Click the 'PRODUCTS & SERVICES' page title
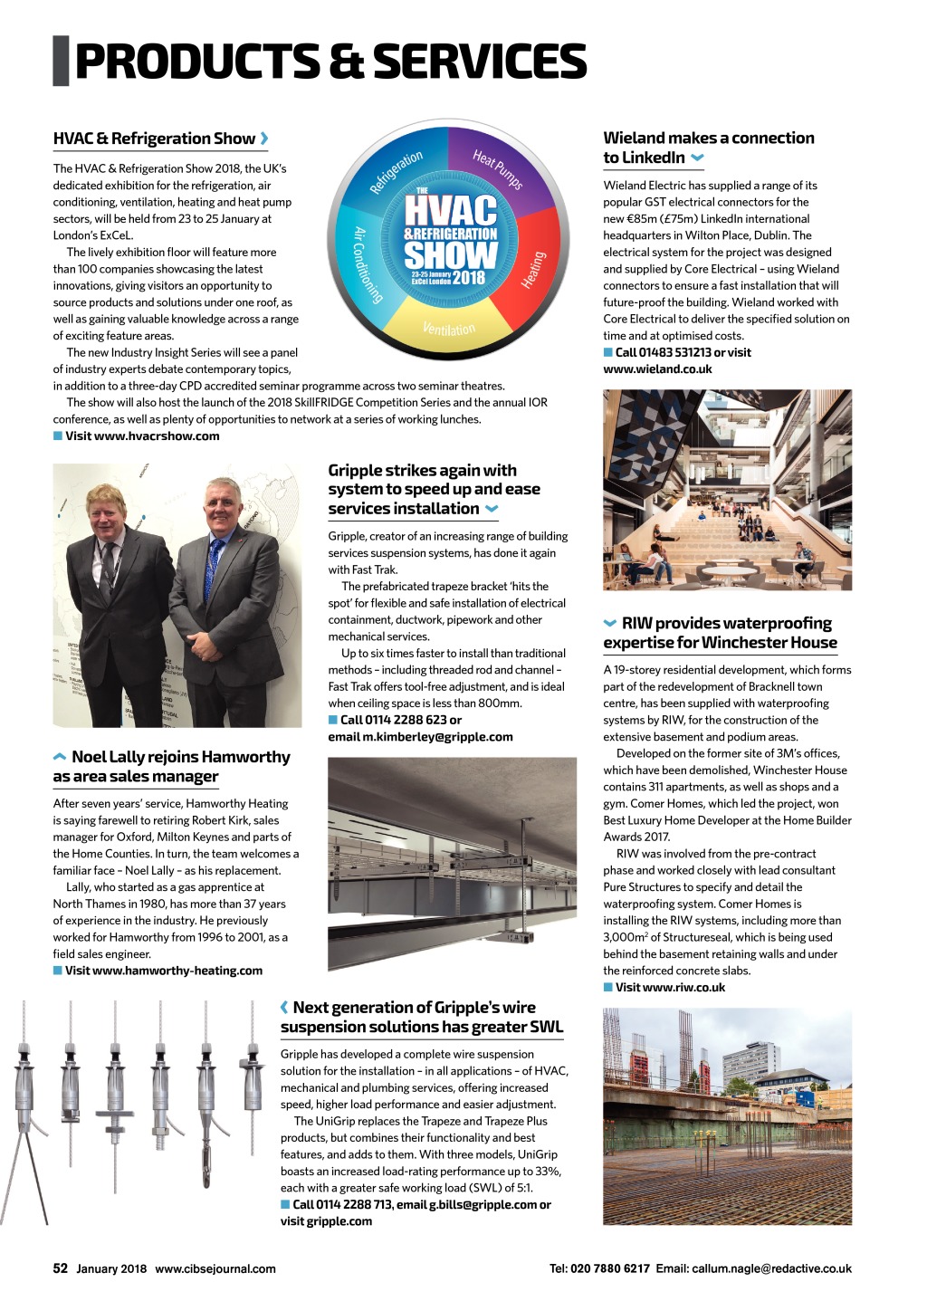[330, 62]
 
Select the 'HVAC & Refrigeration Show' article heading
[154, 139]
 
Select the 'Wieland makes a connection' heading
[709, 138]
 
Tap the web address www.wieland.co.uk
[657, 369]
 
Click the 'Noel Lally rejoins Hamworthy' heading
[181, 757]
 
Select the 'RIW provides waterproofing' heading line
[726, 623]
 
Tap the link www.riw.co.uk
[670, 988]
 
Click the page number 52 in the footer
[61, 1268]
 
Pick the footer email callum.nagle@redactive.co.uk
[771, 1268]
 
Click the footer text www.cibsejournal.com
[215, 1268]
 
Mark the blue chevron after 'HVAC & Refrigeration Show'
[264, 139]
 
